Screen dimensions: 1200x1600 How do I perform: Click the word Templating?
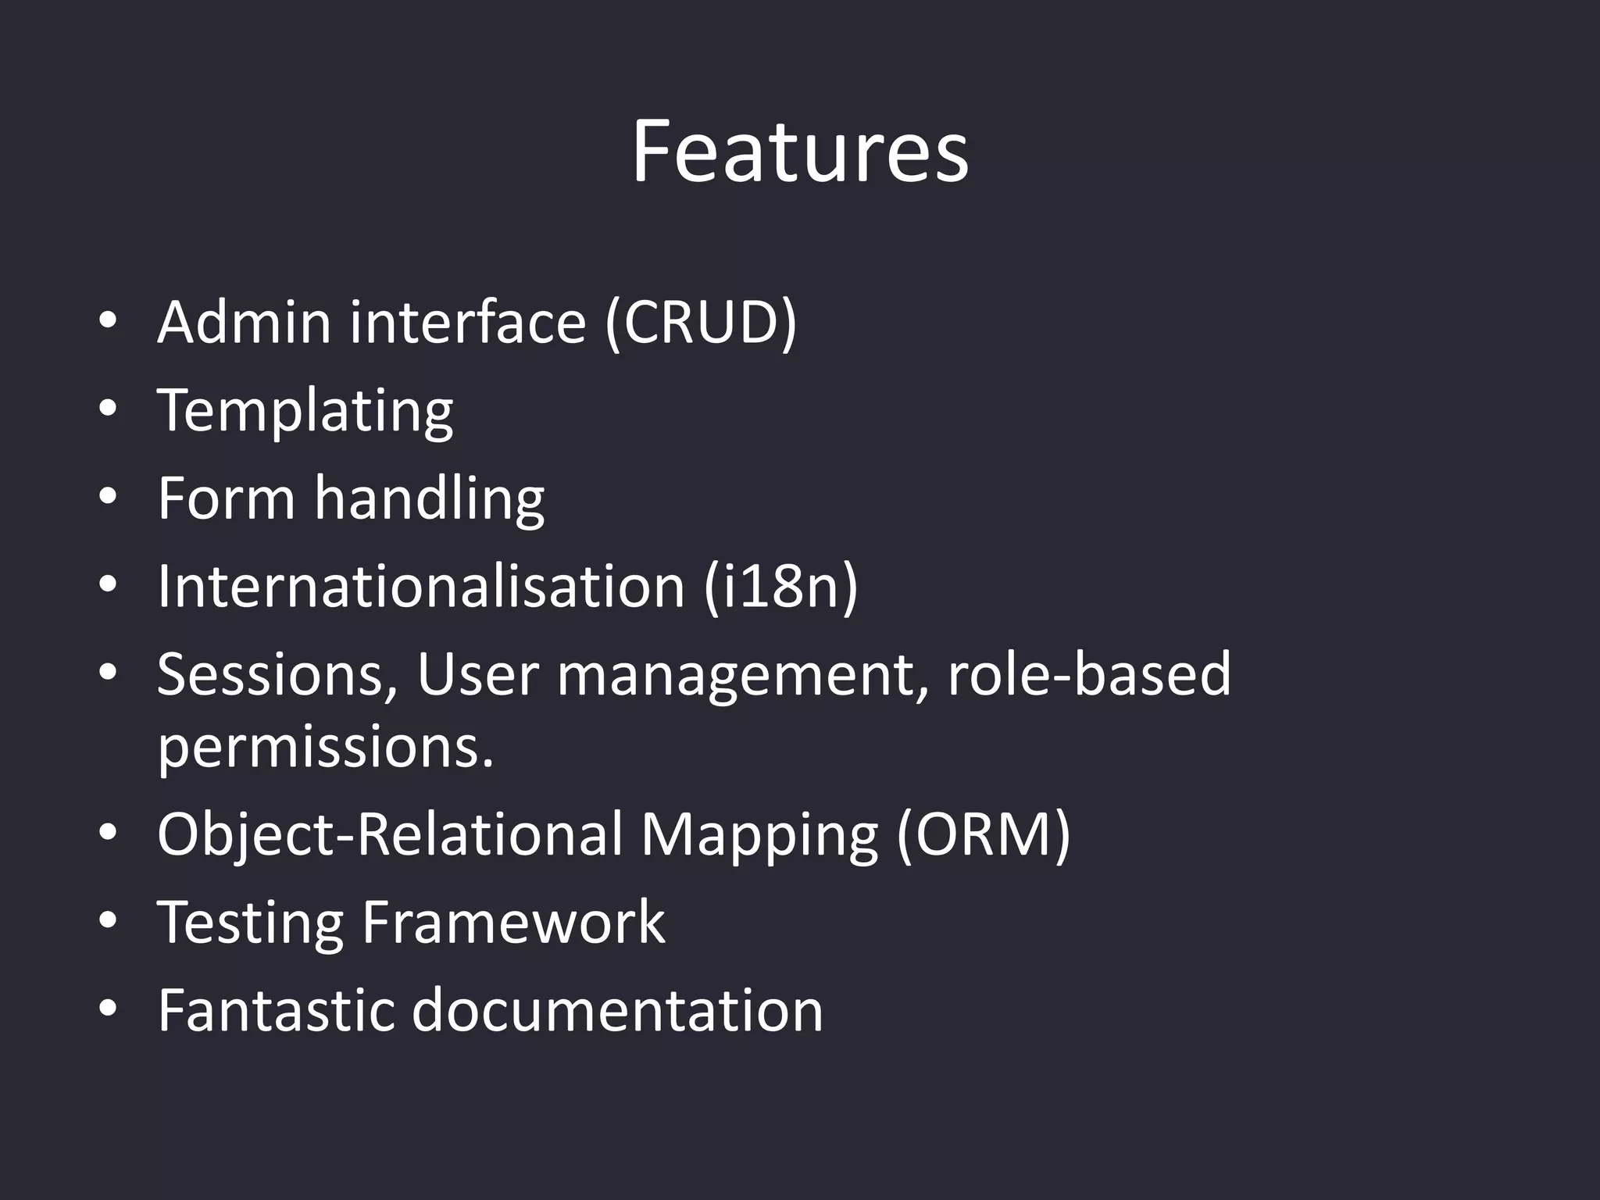(x=305, y=411)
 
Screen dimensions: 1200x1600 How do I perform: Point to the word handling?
(x=429, y=498)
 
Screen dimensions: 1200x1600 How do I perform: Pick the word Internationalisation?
(x=421, y=586)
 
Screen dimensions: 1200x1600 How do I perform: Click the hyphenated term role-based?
(x=1089, y=674)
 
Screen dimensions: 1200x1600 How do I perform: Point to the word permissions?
(x=325, y=748)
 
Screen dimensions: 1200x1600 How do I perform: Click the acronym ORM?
(x=983, y=834)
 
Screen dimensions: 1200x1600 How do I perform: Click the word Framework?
(x=513, y=923)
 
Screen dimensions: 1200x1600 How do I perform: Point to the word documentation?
(x=617, y=1010)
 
